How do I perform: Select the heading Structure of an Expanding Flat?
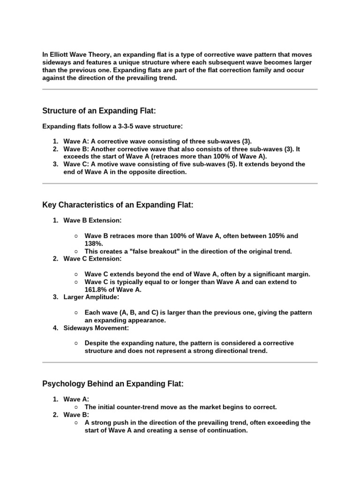coord(99,111)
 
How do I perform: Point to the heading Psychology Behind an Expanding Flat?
coord(113,384)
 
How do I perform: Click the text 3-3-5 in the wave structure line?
coord(122,126)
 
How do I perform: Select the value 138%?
coord(93,244)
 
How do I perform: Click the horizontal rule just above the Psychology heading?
coord(180,362)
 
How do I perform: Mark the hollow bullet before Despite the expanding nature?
coord(76,343)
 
